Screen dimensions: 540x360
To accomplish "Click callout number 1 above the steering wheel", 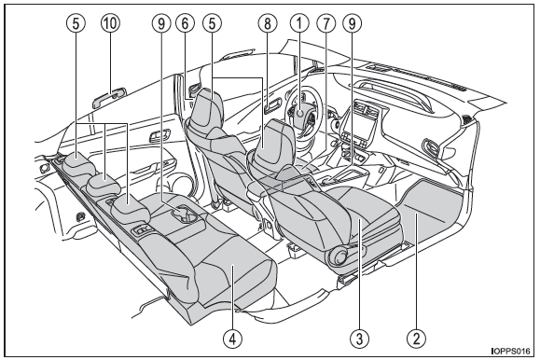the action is point(299,23).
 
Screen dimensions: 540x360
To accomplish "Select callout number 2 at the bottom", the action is point(416,339).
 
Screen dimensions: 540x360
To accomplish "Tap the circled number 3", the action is point(359,339).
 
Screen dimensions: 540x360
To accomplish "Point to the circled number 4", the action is point(232,339).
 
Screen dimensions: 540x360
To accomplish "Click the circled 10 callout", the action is point(110,23).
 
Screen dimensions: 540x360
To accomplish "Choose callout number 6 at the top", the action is point(185,23).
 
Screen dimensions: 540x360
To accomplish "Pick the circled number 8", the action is point(268,23).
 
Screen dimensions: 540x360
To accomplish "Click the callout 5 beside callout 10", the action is point(76,23).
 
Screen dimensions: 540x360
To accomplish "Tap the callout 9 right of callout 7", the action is point(352,23).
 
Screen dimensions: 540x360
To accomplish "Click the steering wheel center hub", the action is point(300,113).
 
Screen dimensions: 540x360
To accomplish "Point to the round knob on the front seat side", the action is point(340,256).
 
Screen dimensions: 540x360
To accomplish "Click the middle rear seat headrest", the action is point(104,184).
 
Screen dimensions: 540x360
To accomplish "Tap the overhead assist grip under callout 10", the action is point(109,97).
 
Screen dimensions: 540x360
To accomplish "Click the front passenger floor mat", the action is point(431,210).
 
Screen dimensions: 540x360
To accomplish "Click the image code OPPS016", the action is point(511,351).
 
